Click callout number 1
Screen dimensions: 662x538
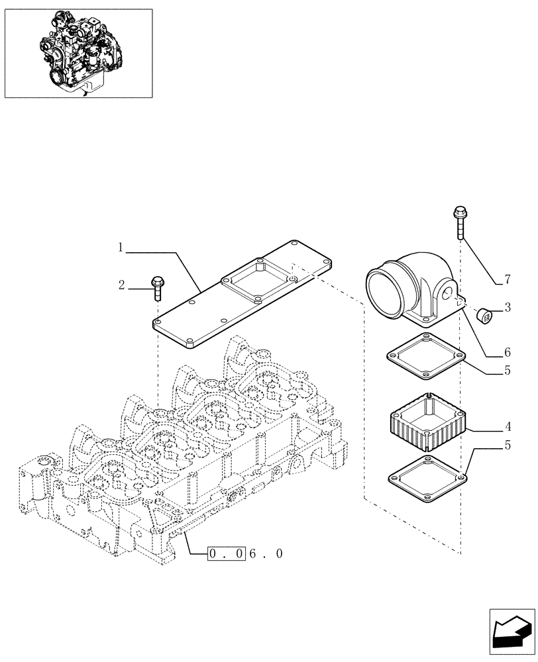121,248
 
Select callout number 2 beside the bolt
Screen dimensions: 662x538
121,286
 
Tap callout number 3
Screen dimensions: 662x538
507,307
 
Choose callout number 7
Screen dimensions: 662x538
506,279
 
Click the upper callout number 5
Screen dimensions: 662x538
507,371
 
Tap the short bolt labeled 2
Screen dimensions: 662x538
157,289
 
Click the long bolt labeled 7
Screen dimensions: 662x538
458,228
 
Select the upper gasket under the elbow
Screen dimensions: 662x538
425,357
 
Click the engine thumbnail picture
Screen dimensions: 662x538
78,53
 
